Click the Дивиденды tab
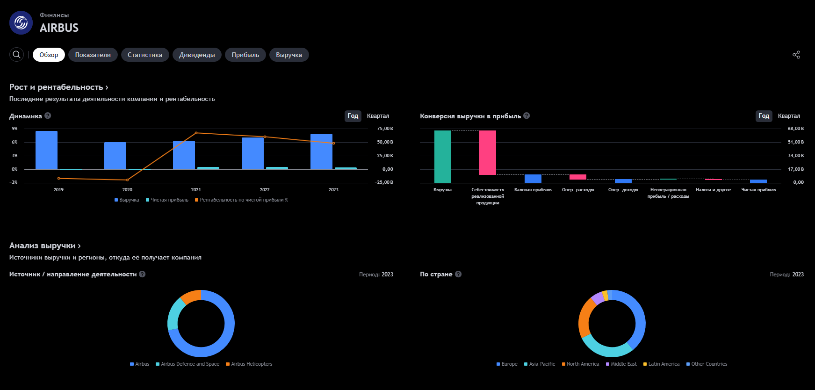(x=197, y=55)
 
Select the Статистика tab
(x=145, y=55)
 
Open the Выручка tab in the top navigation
(x=289, y=55)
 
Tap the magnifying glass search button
(x=16, y=55)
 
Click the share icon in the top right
(x=796, y=55)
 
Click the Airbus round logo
(x=21, y=22)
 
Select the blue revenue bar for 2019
(x=46, y=150)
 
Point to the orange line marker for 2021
(x=196, y=133)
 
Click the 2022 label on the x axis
(x=265, y=189)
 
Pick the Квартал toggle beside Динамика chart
(x=378, y=116)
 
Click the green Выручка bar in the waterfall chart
(x=443, y=157)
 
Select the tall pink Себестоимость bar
(x=488, y=152)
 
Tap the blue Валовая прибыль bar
(x=533, y=179)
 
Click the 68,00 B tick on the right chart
(x=796, y=129)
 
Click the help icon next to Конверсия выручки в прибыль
(x=527, y=116)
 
